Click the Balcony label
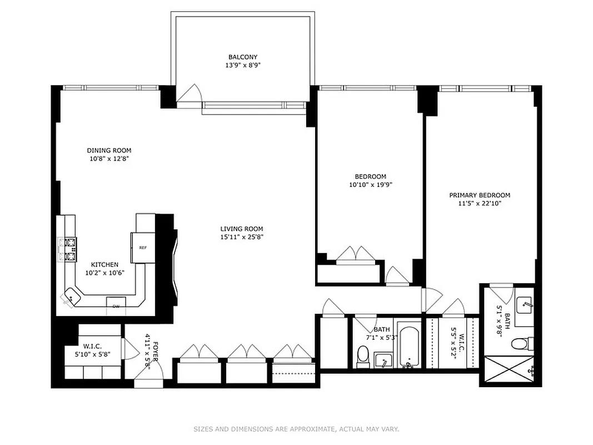243,57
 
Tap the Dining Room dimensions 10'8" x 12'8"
109,159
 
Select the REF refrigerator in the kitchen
142,248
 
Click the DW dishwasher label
116,306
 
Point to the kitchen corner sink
72,298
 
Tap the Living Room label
241,229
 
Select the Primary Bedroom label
480,195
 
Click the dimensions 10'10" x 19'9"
367,185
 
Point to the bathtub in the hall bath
408,346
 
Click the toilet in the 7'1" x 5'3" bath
363,356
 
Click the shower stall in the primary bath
510,370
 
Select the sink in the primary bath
524,305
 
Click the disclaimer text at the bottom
296,429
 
